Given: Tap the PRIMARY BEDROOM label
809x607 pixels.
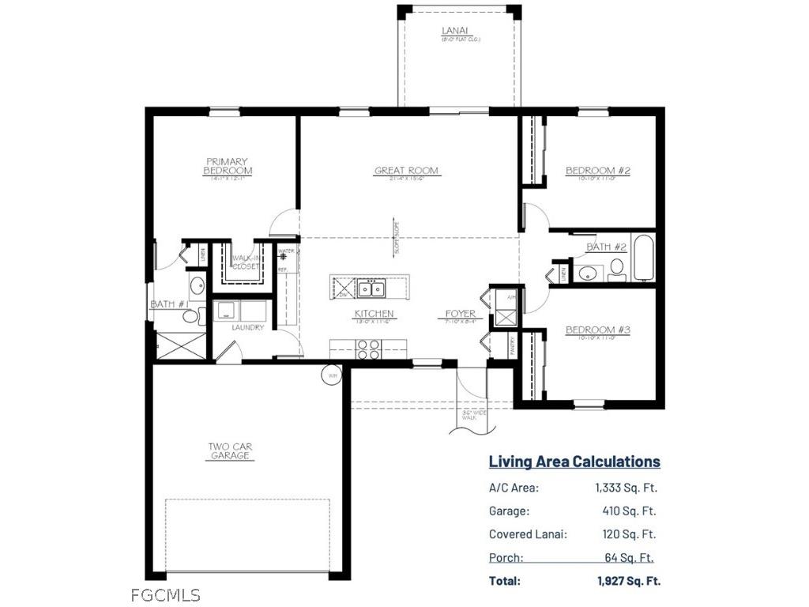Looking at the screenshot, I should point(228,167).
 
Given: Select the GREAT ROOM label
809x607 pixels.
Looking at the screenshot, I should point(406,171).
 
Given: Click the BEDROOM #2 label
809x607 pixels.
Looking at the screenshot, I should point(597,171).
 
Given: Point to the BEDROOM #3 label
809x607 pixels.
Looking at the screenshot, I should point(597,330).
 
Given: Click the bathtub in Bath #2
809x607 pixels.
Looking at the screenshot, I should point(643,258).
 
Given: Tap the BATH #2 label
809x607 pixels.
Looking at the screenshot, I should point(606,247).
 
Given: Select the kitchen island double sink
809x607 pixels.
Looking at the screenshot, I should point(370,289).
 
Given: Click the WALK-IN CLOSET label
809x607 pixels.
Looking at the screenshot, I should point(246,262).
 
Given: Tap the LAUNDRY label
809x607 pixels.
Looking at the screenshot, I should point(247,328).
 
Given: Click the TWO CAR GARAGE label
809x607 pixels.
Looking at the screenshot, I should point(230,451).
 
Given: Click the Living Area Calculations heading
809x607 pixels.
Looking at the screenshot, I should point(574,462).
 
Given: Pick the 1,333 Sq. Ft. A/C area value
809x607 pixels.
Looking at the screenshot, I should point(626,488).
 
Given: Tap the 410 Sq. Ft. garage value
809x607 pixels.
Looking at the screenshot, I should point(629,511).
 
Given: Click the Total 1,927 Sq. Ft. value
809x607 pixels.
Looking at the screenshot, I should point(628,580).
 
